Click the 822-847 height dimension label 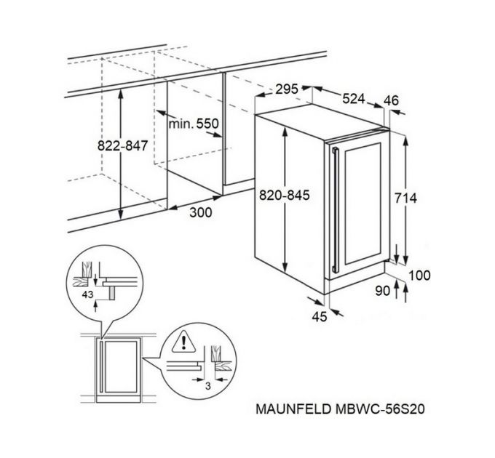pyautogui.click(x=123, y=145)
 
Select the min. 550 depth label pyautogui.click(x=194, y=124)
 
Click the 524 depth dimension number pyautogui.click(x=353, y=99)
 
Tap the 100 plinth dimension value pyautogui.click(x=420, y=275)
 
